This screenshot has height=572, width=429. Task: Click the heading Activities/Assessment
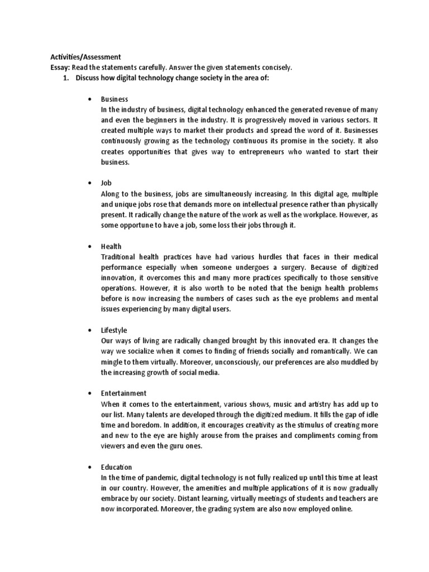coord(81,57)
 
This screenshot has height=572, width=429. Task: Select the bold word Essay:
coord(56,67)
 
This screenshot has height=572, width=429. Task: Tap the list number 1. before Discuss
coord(65,78)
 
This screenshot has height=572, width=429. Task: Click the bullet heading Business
coord(115,99)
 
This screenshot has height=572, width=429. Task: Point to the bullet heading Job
coord(106,183)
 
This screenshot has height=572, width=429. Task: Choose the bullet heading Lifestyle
coord(114,331)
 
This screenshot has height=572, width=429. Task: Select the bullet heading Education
coord(116,466)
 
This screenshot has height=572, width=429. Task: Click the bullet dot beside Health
coord(90,246)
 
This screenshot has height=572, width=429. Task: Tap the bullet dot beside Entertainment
coord(90,394)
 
